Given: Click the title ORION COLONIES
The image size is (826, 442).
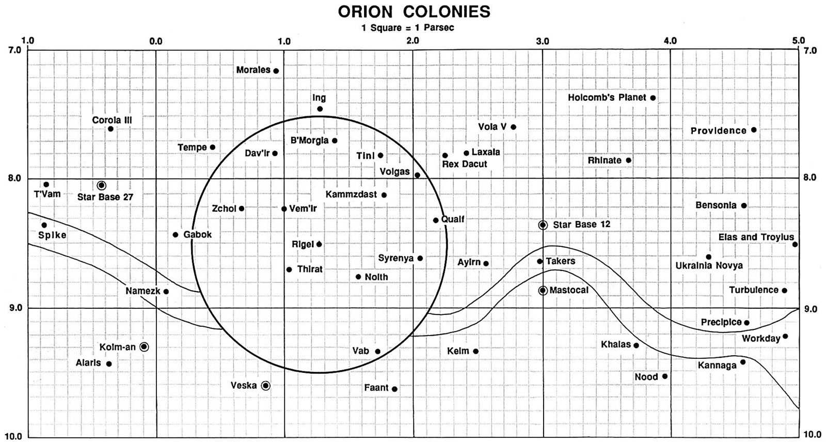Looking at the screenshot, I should pos(414,11).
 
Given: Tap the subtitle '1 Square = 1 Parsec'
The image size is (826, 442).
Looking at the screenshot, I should pos(408,28).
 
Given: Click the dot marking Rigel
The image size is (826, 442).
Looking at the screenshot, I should pos(319,244).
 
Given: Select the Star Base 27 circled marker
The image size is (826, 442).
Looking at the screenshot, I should pos(101,185).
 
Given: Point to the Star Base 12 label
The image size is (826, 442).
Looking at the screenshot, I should pos(581,225).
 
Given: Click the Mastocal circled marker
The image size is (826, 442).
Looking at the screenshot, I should pos(543,291).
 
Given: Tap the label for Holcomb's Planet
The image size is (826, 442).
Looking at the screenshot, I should pos(607,98).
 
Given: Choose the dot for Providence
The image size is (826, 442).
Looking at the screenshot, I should pos(754,130).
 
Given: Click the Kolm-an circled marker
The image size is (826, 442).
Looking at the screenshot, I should pos(144,347).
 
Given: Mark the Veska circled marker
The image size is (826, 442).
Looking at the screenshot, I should pos(265,386).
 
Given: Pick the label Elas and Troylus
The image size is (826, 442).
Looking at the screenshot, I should pos(756,237).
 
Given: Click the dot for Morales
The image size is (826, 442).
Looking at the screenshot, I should pos(276,71).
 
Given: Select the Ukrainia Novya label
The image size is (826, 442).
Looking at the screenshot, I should pos(709,265).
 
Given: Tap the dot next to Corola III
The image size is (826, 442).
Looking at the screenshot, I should pos(110,129).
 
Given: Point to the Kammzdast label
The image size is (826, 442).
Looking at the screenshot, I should pos(351,195).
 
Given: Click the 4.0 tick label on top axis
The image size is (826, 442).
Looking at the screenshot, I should pos(670,41).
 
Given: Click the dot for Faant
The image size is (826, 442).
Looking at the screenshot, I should pos(394,389).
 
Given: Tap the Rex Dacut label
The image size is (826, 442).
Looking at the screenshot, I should pos(464,164).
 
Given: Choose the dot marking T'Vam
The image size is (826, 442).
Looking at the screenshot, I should pos(46,184).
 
